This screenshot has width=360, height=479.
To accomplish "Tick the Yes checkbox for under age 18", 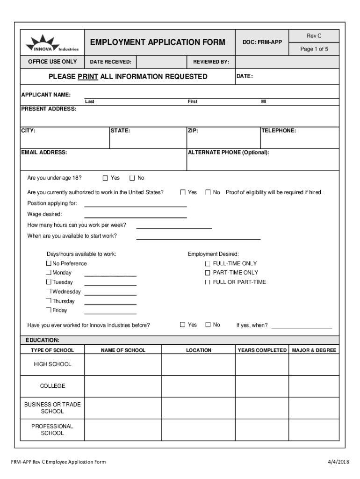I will (105, 178).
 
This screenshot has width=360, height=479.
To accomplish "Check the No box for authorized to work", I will (208, 192).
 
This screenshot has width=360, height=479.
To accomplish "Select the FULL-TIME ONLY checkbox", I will (208, 264).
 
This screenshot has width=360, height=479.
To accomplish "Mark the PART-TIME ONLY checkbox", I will (208, 273).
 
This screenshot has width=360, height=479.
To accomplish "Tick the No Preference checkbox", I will (49, 264).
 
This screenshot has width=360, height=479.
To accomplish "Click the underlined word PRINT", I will (88, 77).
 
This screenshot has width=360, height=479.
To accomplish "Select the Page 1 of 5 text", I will (314, 49).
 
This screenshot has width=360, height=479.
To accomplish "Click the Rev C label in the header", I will (314, 36).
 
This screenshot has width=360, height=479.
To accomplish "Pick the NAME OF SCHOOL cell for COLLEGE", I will (122, 386).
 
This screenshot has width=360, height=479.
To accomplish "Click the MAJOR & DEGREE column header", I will (314, 350).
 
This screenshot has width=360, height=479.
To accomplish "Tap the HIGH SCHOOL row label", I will (52, 364).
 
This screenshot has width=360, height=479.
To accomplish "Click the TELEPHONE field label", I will (279, 131).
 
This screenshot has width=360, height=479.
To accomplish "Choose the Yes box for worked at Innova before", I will (182, 325).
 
